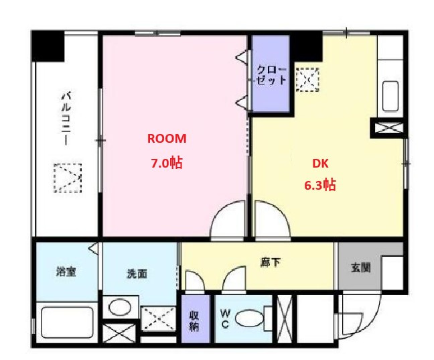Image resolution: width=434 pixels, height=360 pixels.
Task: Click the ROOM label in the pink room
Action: point(167,139)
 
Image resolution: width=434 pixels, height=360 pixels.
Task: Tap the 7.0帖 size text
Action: point(167,163)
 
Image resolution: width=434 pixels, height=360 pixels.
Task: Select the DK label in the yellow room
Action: point(320,164)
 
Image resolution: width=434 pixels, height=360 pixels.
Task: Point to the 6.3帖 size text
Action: point(320,185)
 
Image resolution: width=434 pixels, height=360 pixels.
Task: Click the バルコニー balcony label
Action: point(66,119)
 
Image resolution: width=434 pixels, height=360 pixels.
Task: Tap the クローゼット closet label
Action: point(271,75)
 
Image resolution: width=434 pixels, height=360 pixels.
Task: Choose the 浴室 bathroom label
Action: point(66,272)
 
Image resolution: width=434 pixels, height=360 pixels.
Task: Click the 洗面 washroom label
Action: point(137,274)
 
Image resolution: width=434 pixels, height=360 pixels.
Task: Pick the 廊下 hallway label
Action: point(271,262)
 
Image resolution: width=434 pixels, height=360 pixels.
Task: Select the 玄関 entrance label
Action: point(360,267)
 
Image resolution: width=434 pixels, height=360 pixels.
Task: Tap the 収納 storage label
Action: point(194,321)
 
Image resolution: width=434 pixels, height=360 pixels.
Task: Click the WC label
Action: point(225,318)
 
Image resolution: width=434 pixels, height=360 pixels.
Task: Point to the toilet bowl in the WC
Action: point(250,319)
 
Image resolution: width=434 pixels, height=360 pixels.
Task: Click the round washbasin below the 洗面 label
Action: point(120,307)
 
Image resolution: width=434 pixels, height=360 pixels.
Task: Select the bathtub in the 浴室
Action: point(67,322)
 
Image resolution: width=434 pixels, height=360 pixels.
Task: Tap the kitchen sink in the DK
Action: point(390,96)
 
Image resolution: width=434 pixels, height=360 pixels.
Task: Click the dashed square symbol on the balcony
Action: point(68,178)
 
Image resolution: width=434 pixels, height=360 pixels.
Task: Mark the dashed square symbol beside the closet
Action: point(307,80)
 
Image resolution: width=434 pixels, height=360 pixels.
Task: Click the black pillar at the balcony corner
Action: point(48,46)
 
